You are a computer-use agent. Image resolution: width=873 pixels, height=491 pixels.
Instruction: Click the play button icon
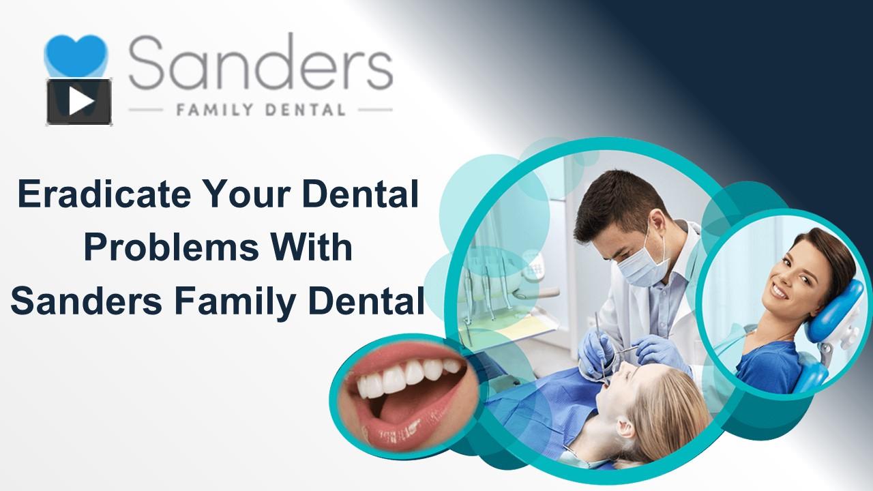click(78, 102)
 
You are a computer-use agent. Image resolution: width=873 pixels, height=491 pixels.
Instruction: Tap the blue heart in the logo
click(76, 55)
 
